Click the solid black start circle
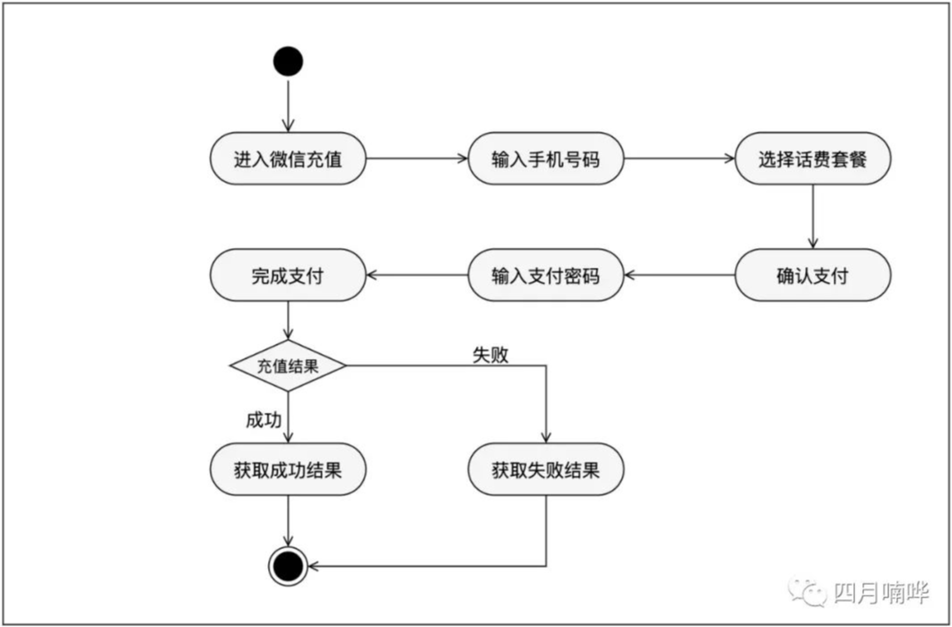click(288, 61)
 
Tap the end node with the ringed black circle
click(288, 566)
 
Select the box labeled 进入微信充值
click(288, 159)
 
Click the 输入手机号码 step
click(546, 159)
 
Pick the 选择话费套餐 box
click(813, 159)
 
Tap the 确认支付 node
click(813, 275)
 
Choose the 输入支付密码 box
click(546, 275)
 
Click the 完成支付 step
click(288, 275)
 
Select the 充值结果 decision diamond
click(288, 365)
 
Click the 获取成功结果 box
click(288, 469)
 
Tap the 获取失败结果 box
click(546, 469)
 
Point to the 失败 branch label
click(490, 355)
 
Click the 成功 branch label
click(264, 420)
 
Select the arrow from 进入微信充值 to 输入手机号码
click(417, 159)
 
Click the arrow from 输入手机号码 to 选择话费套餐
click(680, 159)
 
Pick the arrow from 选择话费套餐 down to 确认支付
click(813, 217)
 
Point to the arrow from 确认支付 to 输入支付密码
click(680, 275)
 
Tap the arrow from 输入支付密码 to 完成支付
click(417, 275)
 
